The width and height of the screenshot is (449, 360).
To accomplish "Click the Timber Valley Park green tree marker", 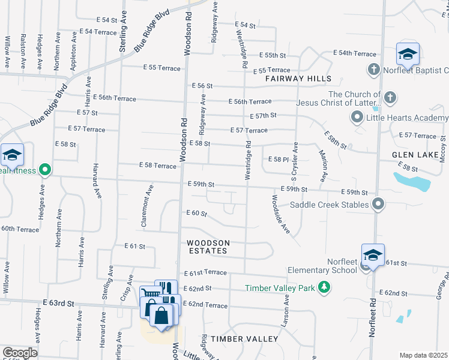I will [x=324, y=287].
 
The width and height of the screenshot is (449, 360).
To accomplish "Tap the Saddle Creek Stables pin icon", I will [x=378, y=205].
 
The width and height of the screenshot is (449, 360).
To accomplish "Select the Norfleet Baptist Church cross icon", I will [x=373, y=70].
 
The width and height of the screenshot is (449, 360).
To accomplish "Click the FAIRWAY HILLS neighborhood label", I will [x=300, y=79].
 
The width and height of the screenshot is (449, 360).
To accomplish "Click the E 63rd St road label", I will [x=58, y=304].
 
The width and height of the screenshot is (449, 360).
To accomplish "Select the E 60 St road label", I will [x=197, y=214].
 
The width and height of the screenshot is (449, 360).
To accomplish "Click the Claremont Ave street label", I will [x=144, y=205].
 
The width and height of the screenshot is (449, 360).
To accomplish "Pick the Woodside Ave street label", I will [x=281, y=214].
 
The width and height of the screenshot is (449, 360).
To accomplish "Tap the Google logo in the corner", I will [x=20, y=353].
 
